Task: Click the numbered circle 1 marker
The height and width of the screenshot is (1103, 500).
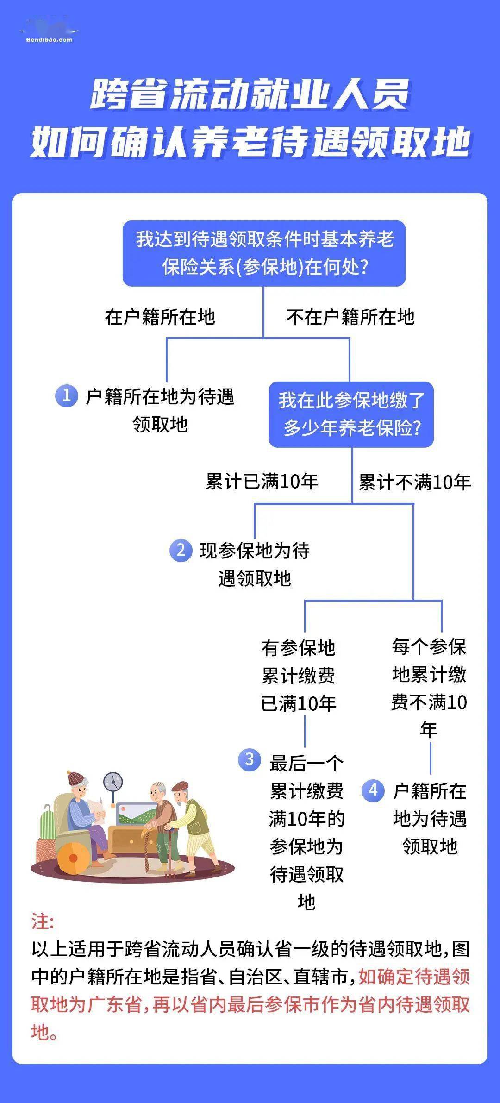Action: [x=66, y=396]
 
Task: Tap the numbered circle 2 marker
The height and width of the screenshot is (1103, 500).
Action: [x=181, y=550]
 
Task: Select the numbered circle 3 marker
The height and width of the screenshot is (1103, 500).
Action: [x=249, y=760]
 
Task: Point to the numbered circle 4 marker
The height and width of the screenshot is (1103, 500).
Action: [x=373, y=790]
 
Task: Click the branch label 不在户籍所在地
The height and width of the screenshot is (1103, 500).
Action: [x=350, y=317]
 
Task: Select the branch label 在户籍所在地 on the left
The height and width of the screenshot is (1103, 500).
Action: [x=160, y=317]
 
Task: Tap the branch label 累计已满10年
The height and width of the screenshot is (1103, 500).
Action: [x=262, y=482]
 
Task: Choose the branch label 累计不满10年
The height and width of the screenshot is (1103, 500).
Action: [x=415, y=482]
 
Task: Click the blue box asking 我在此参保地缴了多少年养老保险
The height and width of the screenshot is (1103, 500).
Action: [x=351, y=414]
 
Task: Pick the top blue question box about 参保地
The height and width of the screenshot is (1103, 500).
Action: [x=264, y=253]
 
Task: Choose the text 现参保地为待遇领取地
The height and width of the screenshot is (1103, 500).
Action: [x=255, y=564]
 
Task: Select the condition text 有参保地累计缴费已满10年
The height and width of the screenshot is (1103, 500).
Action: [x=299, y=676]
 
